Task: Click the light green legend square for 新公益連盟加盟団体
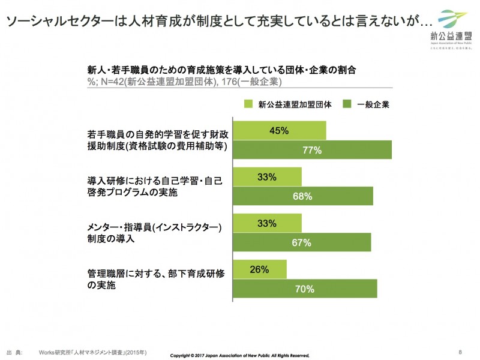tap(248, 104)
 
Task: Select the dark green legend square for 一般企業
tap(346, 104)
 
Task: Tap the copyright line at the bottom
tap(239, 355)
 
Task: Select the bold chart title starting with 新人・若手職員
tap(221, 70)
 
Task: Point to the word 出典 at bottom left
tap(14, 352)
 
